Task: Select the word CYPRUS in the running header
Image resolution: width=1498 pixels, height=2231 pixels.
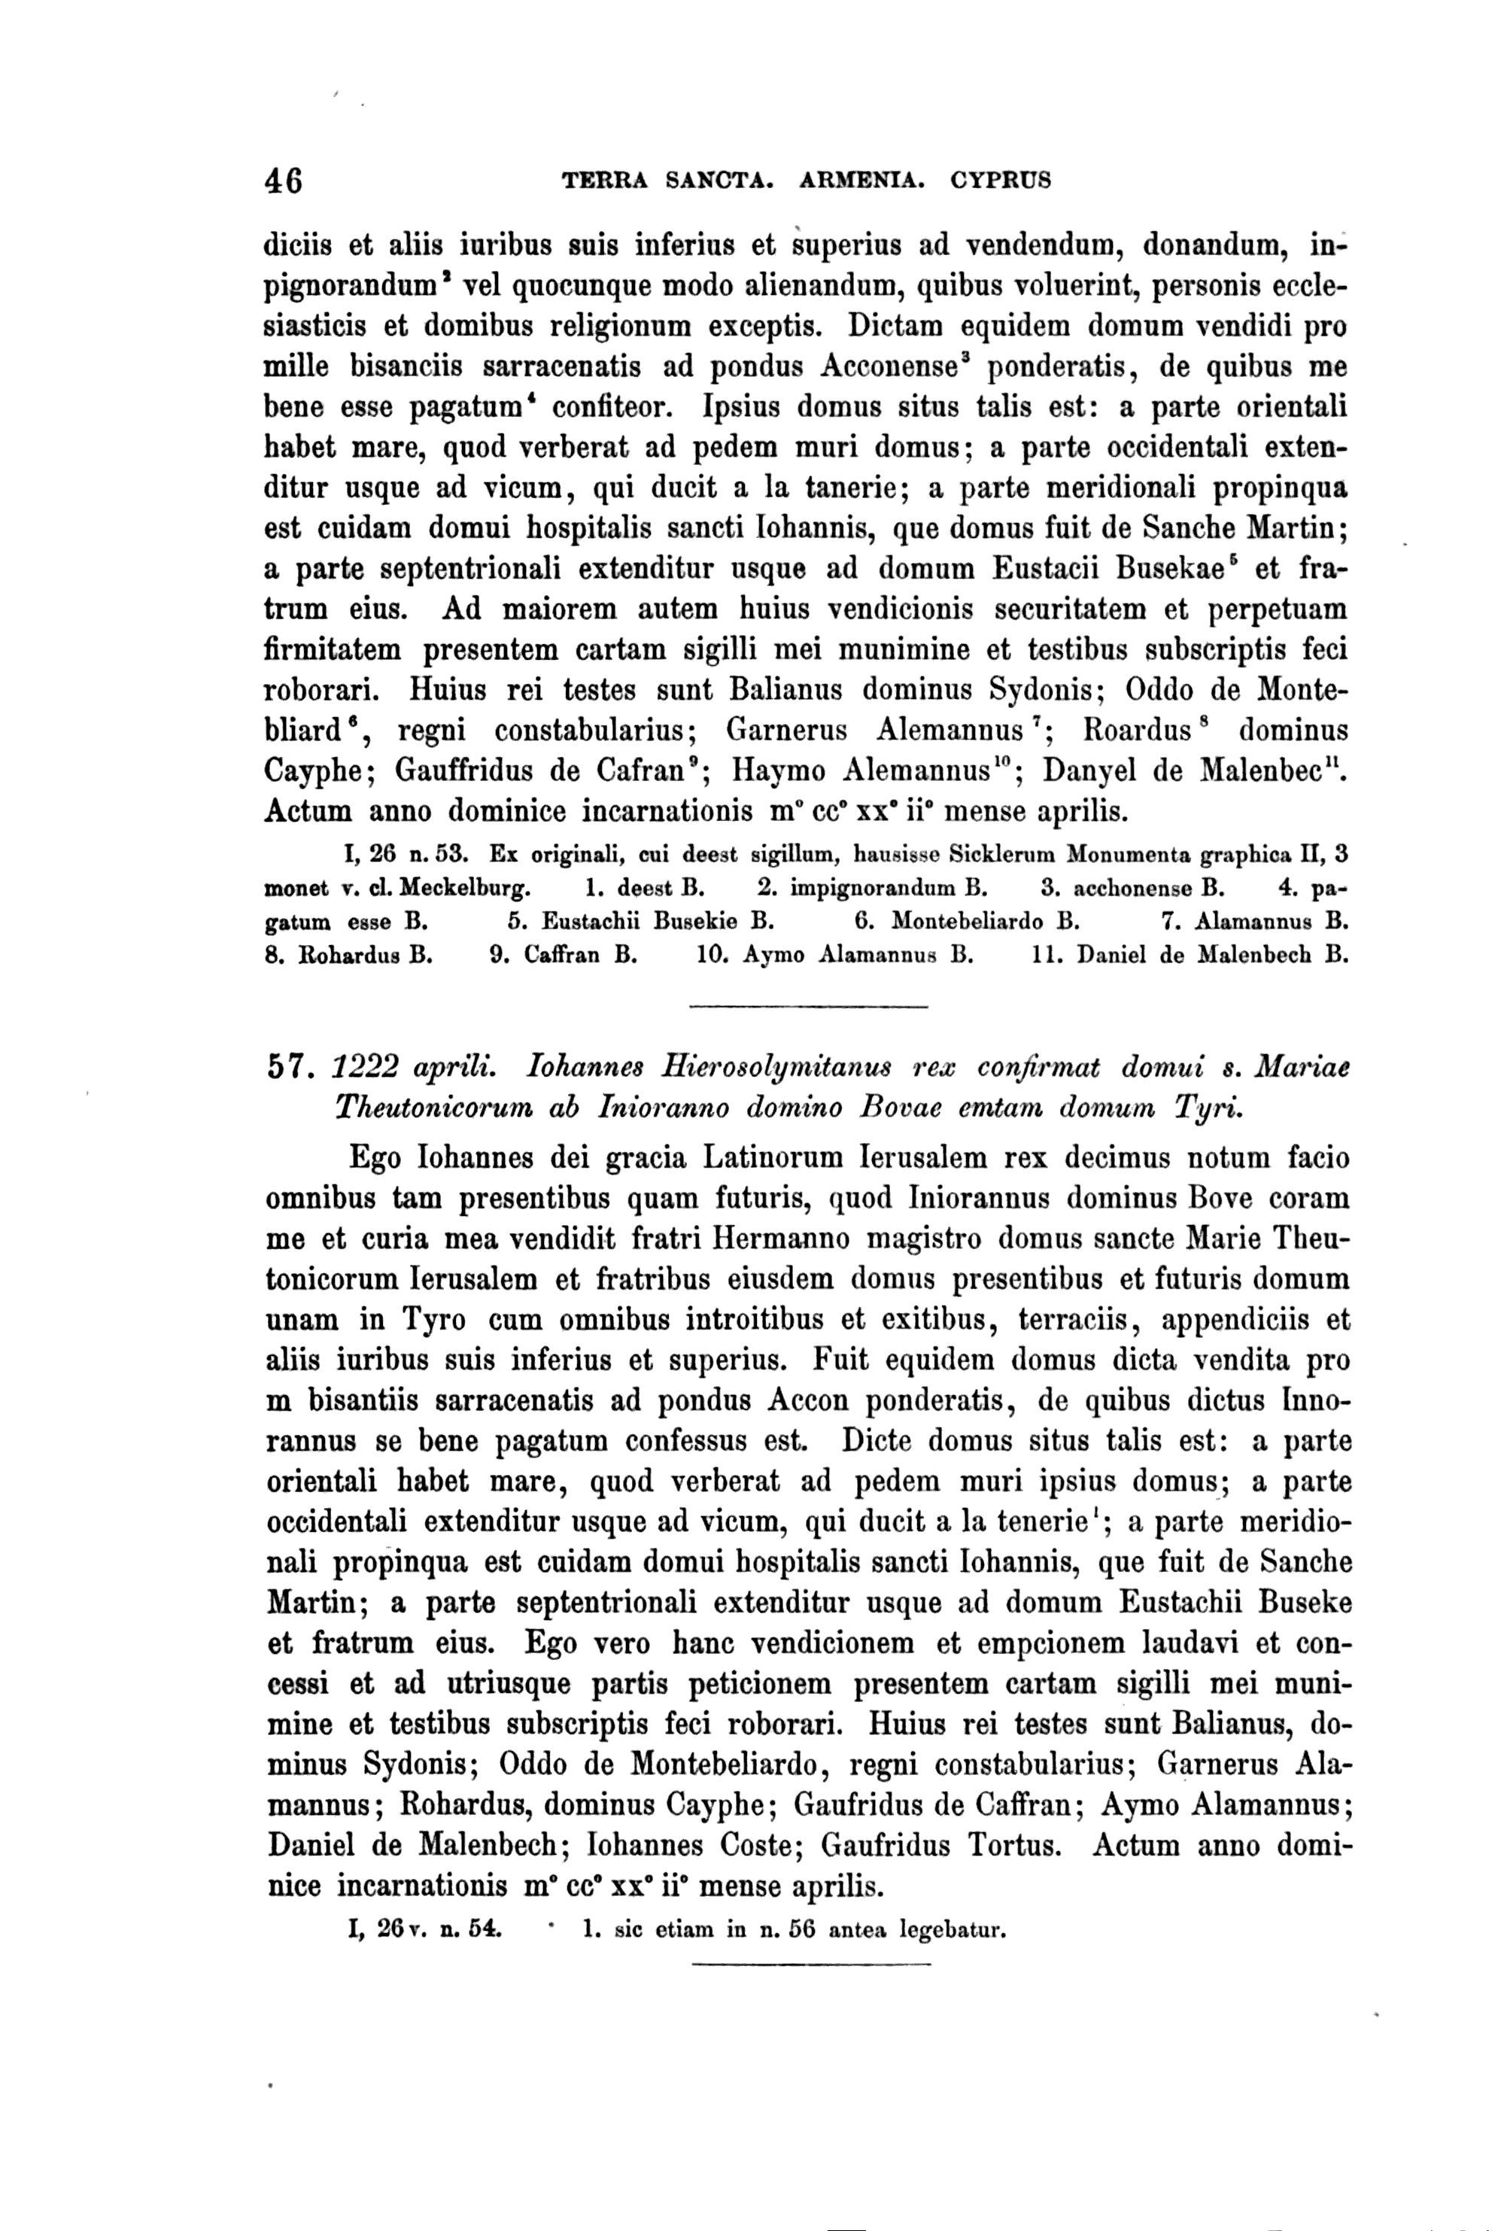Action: (x=1001, y=180)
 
